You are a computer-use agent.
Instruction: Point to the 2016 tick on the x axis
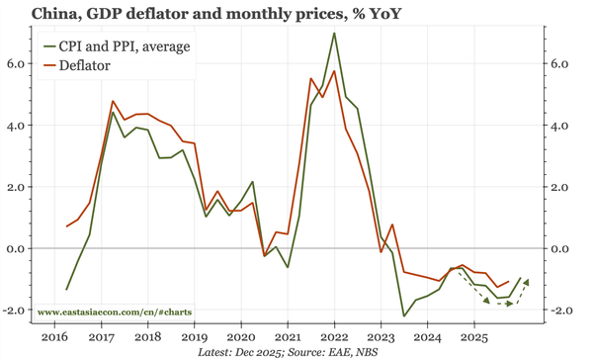[x=54, y=337]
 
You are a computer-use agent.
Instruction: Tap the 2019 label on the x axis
[x=194, y=337]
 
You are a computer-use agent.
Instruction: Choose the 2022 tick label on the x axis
[x=334, y=337]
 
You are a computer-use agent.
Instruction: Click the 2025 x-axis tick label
[x=473, y=337]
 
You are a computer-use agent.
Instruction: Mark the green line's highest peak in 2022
[x=334, y=34]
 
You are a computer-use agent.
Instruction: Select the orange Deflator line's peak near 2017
[x=113, y=101]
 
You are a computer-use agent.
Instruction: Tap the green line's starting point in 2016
[x=67, y=290]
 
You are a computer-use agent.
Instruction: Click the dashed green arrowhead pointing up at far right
[x=526, y=283]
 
